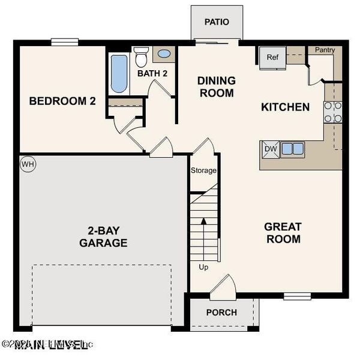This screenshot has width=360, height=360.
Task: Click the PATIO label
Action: click(217, 22)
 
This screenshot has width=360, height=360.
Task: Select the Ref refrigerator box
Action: click(272, 58)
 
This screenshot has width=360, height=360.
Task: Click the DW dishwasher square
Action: click(269, 149)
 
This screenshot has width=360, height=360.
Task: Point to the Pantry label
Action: click(324, 50)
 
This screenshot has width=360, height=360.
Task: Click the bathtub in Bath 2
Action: click(119, 74)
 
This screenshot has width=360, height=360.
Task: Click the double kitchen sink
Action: click(292, 148)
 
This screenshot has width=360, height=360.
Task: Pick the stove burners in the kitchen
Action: click(333, 112)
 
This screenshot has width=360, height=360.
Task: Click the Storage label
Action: click(203, 170)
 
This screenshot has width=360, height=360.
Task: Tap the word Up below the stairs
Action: click(203, 267)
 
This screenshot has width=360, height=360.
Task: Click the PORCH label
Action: click(221, 313)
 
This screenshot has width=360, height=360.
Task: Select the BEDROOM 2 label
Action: click(62, 101)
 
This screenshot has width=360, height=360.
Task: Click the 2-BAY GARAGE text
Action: click(103, 237)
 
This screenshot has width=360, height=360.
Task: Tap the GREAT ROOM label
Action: click(283, 233)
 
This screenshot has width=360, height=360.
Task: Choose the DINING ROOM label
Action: click(216, 86)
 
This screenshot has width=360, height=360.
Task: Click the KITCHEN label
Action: click(286, 107)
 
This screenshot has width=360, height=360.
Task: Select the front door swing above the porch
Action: click(223, 285)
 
